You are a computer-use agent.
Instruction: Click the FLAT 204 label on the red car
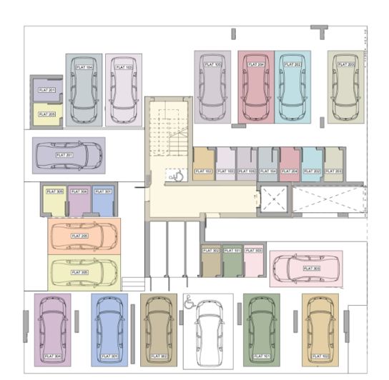[256, 65]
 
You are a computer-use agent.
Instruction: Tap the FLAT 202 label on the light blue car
[293, 65]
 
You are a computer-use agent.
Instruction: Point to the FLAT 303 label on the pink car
[311, 268]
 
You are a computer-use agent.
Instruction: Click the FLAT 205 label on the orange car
[79, 236]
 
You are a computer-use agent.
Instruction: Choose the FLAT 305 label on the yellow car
[79, 272]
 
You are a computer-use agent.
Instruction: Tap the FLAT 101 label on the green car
[261, 355]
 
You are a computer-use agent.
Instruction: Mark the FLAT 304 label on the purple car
[52, 355]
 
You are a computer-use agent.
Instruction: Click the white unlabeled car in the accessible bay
[208, 332]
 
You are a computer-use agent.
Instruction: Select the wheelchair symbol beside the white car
[190, 301]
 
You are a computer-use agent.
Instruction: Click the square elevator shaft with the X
[275, 199]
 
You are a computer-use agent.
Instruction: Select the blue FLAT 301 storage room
[103, 201]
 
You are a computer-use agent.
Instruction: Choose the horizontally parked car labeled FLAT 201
[68, 155]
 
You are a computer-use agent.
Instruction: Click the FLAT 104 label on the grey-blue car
[85, 67]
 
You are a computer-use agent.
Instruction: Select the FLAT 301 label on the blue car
[109, 355]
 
